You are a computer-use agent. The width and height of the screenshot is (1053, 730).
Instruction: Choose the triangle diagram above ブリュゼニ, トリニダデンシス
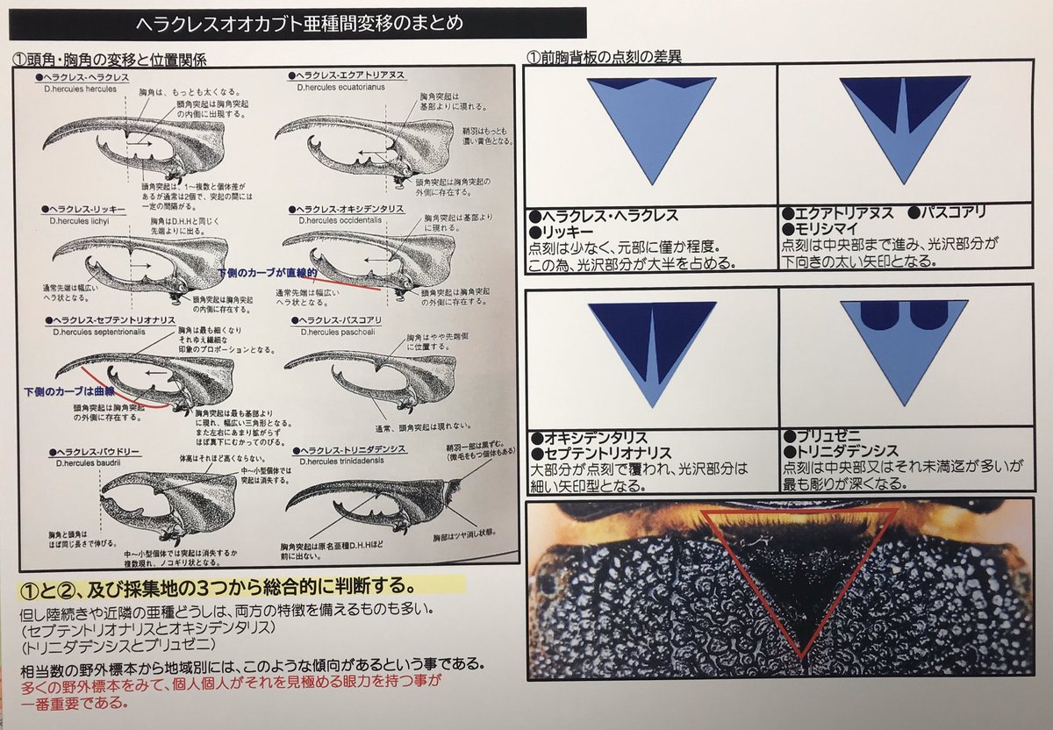pyautogui.click(x=904, y=347)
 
